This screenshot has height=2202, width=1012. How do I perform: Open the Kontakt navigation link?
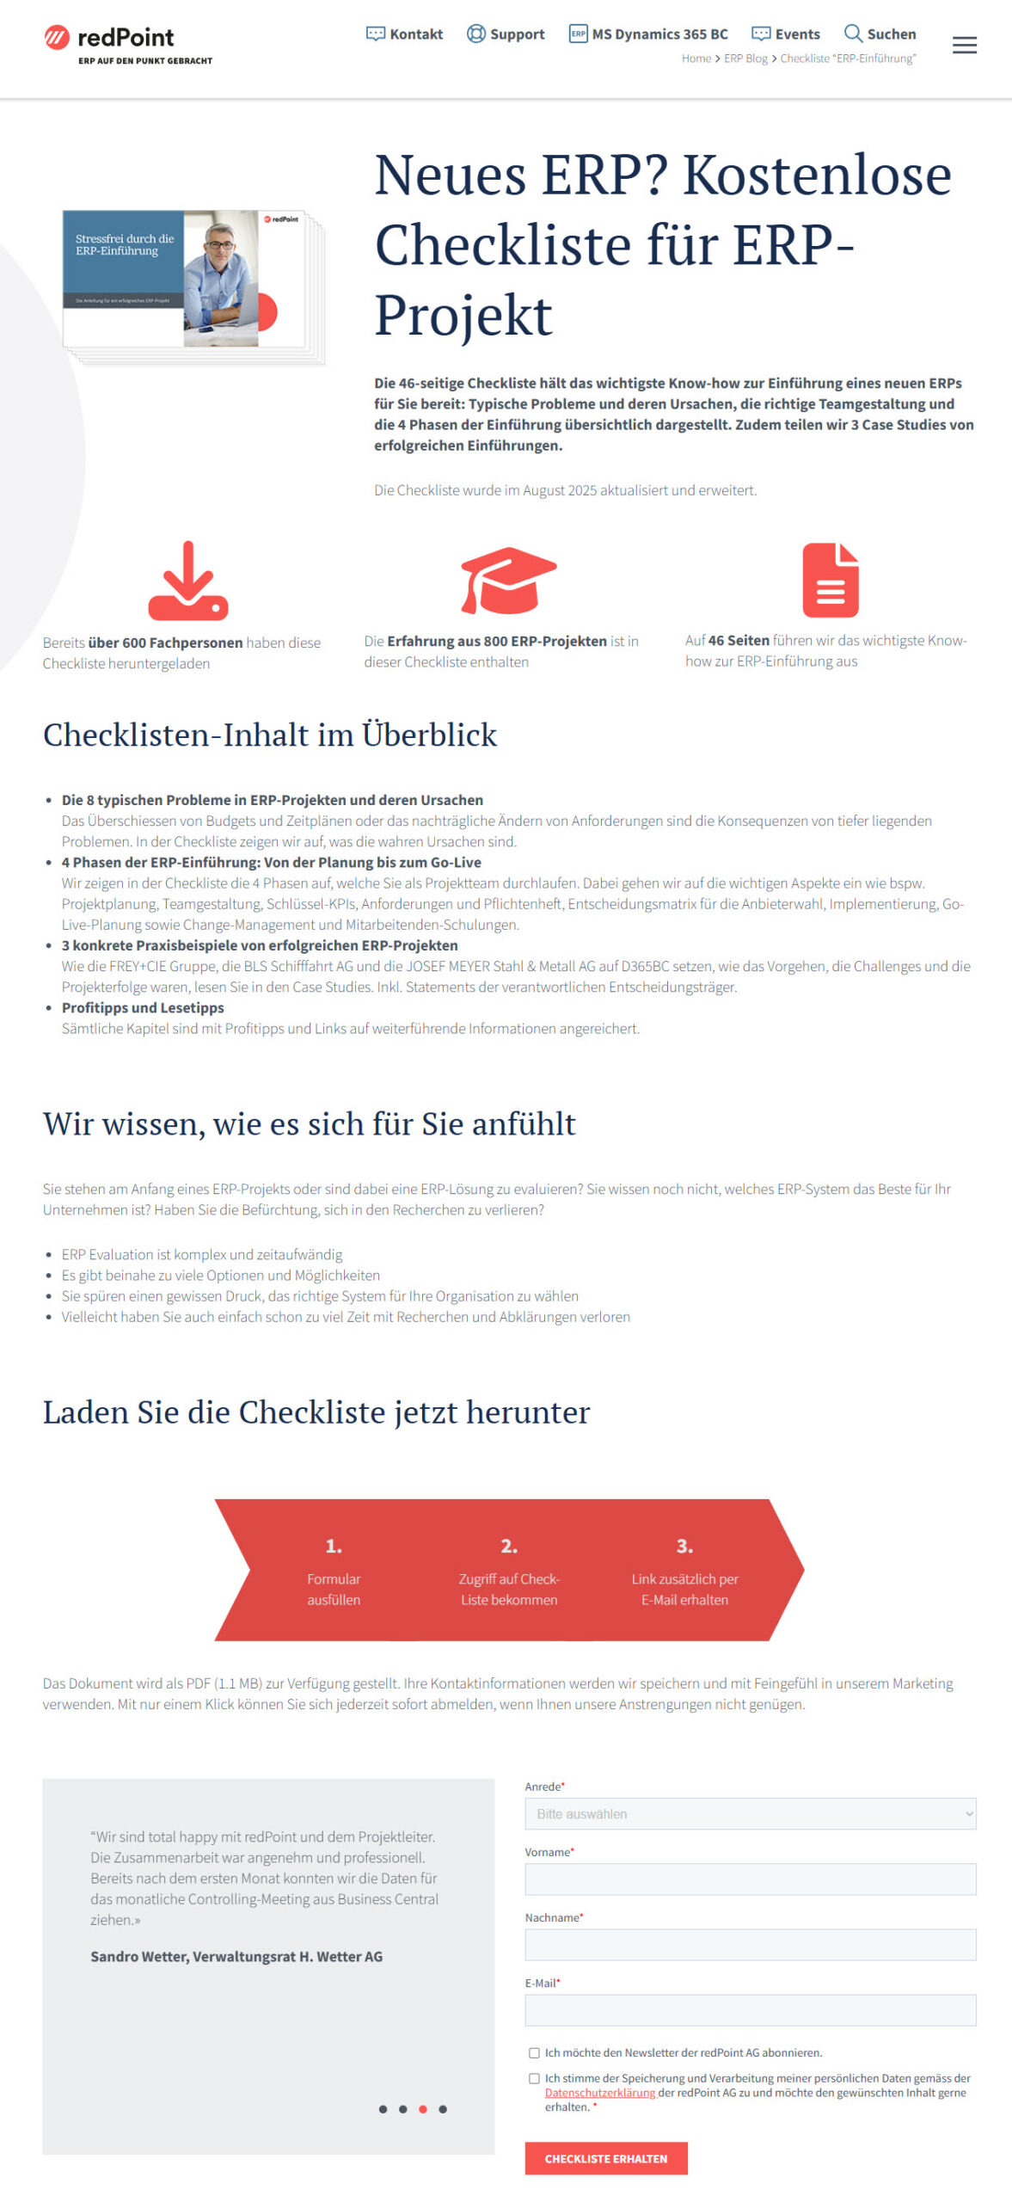(x=404, y=34)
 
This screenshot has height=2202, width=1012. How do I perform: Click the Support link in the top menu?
(x=506, y=34)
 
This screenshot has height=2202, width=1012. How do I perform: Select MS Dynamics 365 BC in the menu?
(x=648, y=34)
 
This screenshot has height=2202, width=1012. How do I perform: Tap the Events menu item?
(x=786, y=34)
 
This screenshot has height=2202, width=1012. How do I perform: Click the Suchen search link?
(x=880, y=34)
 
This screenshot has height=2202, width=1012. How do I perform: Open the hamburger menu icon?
(x=964, y=46)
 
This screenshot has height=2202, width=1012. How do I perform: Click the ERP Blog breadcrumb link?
(x=745, y=58)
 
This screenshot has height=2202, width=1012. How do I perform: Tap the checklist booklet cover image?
(x=191, y=285)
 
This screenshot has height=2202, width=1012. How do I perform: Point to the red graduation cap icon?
(x=508, y=580)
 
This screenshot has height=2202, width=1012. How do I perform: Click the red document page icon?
(x=830, y=580)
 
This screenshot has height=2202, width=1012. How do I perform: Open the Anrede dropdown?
(x=750, y=1813)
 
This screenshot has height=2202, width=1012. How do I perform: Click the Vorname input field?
(x=750, y=1879)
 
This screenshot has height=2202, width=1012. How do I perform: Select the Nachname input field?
(x=750, y=1944)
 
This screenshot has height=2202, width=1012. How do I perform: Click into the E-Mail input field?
(x=750, y=2009)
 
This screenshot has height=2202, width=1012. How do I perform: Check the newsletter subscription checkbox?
(x=534, y=2052)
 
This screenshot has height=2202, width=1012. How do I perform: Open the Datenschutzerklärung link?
(x=599, y=2093)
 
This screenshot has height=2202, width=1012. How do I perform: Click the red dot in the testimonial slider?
(x=422, y=2108)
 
